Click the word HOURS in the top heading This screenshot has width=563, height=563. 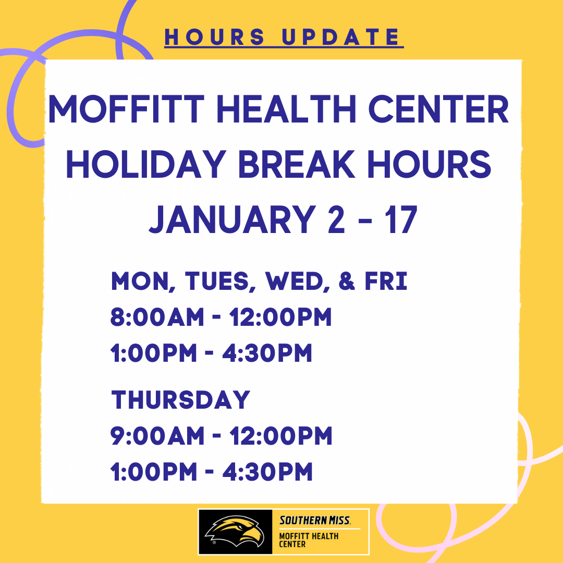215,37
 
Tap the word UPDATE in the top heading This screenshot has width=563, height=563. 341,37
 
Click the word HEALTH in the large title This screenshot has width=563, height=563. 286,109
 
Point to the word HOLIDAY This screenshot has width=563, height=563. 146,164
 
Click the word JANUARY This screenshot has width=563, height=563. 232,219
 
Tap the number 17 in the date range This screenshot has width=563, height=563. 401,219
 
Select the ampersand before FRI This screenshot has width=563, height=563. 347,281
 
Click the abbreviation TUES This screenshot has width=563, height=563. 217,281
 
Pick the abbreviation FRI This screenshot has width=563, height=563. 386,281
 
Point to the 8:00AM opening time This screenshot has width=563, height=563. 157,317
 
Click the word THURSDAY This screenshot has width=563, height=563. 180,400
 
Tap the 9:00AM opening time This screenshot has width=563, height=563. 157,436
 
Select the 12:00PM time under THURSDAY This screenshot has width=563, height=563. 281,436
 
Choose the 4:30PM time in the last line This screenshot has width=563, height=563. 267,471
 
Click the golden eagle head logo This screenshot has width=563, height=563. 235,531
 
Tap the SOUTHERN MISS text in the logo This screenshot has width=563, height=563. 315,520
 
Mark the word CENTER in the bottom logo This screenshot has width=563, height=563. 292,544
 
